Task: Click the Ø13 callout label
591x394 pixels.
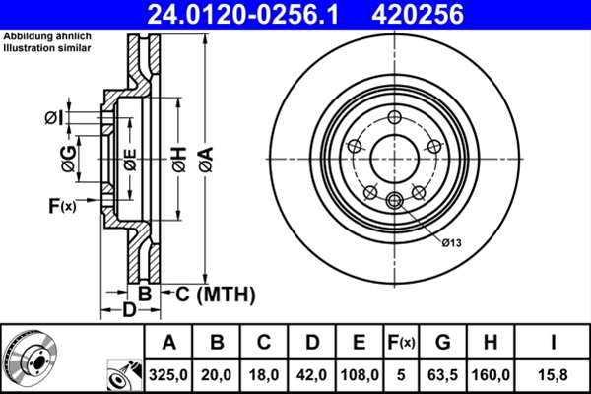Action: click(452, 242)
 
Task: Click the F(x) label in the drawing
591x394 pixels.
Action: click(61, 206)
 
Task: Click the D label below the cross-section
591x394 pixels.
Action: click(129, 311)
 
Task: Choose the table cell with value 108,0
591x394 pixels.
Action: click(360, 375)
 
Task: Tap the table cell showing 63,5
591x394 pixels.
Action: click(443, 375)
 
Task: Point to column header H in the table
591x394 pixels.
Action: click(492, 343)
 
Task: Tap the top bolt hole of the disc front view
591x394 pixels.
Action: click(394, 118)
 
